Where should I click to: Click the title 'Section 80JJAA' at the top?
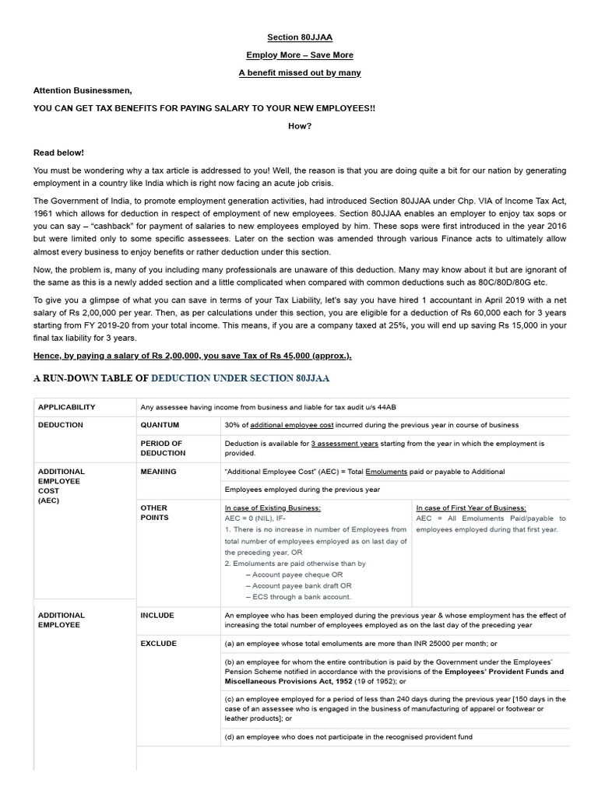pyautogui.click(x=300, y=37)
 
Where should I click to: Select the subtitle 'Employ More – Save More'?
pyautogui.click(x=300, y=55)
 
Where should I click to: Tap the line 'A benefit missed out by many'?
pyautogui.click(x=300, y=73)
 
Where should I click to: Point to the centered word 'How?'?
pyautogui.click(x=300, y=127)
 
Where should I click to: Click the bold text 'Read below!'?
pyautogui.click(x=58, y=153)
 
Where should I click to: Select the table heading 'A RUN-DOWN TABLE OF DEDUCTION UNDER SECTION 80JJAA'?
pyautogui.click(x=181, y=378)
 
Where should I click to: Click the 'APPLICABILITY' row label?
pyautogui.click(x=67, y=407)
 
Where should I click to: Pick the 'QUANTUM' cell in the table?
pyautogui.click(x=160, y=425)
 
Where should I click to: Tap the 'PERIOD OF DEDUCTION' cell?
pyautogui.click(x=162, y=448)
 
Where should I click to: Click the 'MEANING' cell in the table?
pyautogui.click(x=159, y=472)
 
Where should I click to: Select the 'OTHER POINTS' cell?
pyautogui.click(x=154, y=513)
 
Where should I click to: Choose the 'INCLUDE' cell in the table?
pyautogui.click(x=157, y=616)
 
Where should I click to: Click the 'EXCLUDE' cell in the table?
pyautogui.click(x=159, y=644)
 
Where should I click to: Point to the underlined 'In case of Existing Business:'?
pyautogui.click(x=271, y=507)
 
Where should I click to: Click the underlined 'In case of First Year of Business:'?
pyautogui.click(x=471, y=507)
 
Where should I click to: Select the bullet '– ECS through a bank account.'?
pyautogui.click(x=298, y=597)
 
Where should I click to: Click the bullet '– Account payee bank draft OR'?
pyautogui.click(x=298, y=586)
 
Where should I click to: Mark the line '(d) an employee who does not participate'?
pyautogui.click(x=348, y=737)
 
